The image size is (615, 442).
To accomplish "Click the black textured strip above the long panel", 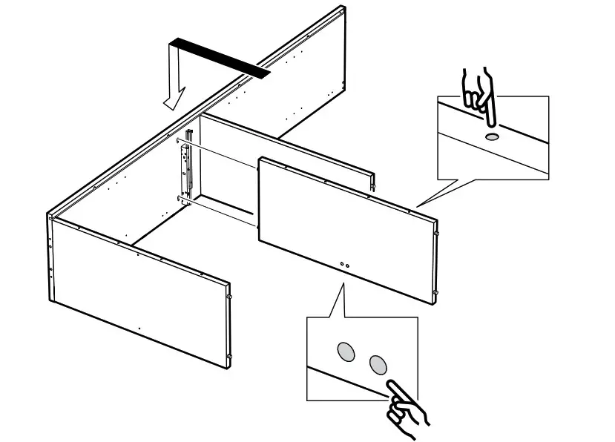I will point(220,57).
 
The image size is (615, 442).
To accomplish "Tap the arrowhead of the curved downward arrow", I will point(174,99).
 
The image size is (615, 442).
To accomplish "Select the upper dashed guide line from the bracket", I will point(219,152).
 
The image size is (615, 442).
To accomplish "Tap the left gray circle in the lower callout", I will point(346,351).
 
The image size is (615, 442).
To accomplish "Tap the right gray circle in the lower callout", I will point(378,363).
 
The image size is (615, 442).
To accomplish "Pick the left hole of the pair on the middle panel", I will point(341,263).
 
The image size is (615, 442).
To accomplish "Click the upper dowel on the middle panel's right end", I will point(437,235).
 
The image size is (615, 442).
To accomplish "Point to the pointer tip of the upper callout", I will point(417,206).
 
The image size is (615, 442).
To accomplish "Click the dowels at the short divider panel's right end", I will point(372,182).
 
